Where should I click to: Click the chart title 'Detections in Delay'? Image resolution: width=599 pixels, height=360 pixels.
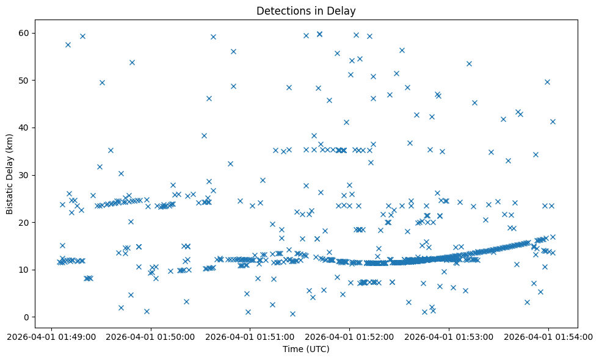point(306,11)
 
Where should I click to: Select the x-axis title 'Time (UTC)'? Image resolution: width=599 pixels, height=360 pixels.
point(306,349)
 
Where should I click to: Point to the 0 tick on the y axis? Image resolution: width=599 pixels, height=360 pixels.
point(27,317)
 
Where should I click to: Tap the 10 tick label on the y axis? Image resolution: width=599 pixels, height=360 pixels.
point(25,270)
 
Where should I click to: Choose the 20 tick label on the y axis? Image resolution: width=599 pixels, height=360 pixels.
point(25,223)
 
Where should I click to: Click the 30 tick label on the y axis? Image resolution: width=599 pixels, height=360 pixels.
point(25,175)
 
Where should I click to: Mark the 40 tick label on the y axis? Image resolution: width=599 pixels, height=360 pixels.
point(25,128)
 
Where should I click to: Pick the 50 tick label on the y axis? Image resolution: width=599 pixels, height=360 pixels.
point(25,81)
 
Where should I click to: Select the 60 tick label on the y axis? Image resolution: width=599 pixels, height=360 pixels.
point(25,33)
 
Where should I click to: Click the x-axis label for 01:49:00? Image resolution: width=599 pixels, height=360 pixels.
point(51,336)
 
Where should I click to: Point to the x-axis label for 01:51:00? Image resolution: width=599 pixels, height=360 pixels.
point(250,336)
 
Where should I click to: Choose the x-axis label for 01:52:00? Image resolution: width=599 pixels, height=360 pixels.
point(349,336)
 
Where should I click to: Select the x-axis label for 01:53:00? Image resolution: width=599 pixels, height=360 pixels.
point(449,336)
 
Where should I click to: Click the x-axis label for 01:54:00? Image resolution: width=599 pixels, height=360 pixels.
point(548,336)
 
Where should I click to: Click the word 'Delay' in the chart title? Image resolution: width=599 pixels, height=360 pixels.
point(344,11)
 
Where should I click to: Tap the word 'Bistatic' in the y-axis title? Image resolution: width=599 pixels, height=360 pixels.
point(10,196)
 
